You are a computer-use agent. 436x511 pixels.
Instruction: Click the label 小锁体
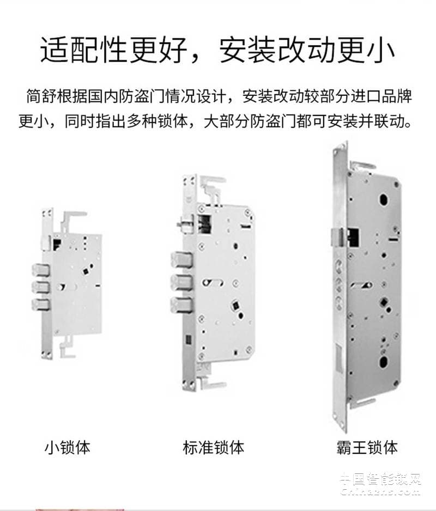pos(67,448)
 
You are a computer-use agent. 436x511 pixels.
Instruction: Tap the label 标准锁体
pos(214,448)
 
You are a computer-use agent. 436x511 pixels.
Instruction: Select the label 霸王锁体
pos(367,448)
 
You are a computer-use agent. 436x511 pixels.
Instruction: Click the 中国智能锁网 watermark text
pos(380,479)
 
